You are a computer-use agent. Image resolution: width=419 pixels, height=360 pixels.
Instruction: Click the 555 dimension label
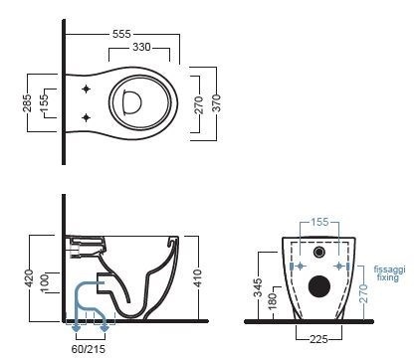point(121,34)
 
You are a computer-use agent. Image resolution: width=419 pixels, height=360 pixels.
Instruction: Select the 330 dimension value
point(141,47)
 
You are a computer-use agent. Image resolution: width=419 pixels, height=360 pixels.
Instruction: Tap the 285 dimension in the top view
point(27,102)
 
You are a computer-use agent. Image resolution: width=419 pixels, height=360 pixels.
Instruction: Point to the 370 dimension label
point(216,102)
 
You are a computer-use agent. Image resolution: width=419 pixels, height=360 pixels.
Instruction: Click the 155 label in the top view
point(44,102)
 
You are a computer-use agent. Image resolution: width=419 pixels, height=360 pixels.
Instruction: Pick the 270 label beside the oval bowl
point(199,104)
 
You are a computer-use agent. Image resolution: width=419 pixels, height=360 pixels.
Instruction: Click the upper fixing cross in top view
point(87,89)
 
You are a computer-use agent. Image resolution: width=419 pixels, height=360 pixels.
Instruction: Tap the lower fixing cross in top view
point(87,117)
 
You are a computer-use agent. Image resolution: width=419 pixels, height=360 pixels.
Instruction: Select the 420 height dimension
point(29,278)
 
